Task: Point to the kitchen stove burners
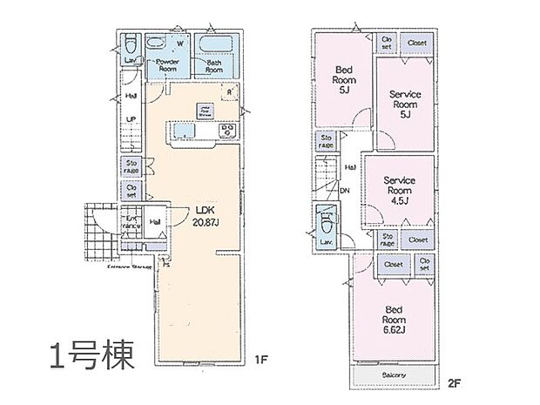(227, 131)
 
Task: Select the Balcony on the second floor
(395, 375)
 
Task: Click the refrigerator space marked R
(228, 91)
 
